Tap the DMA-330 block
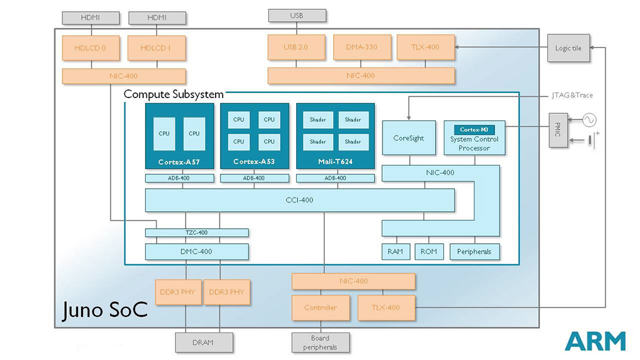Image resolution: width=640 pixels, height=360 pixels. [x=361, y=47]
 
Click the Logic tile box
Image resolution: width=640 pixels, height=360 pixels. [x=568, y=48]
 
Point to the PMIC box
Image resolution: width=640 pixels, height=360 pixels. [x=559, y=131]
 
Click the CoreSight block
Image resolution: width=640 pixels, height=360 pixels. [x=408, y=138]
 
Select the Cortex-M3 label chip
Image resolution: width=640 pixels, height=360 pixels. [x=474, y=129]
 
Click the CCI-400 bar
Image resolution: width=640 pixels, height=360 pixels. [x=299, y=200]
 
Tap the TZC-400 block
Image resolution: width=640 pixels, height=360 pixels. [x=197, y=232]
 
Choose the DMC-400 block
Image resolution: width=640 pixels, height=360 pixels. [x=197, y=252]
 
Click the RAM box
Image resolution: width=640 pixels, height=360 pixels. [x=395, y=252]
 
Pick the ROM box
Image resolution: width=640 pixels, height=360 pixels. [x=428, y=252]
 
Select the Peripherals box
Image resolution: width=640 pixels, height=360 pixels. [x=474, y=252]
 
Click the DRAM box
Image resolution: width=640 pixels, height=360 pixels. [x=203, y=342]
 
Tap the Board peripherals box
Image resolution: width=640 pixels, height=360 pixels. [x=320, y=342]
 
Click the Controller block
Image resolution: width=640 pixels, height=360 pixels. [x=320, y=307]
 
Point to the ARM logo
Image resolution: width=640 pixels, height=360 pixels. [x=594, y=341]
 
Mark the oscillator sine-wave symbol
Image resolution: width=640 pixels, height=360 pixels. [x=589, y=119]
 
